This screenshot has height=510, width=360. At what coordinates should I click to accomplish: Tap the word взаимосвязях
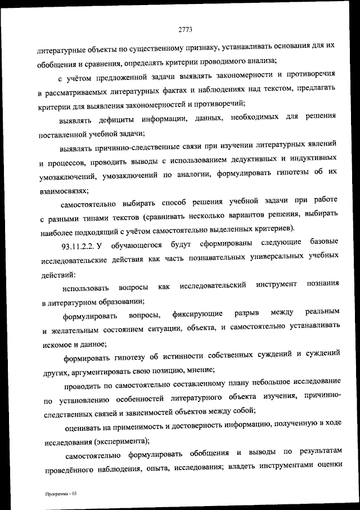64,191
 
